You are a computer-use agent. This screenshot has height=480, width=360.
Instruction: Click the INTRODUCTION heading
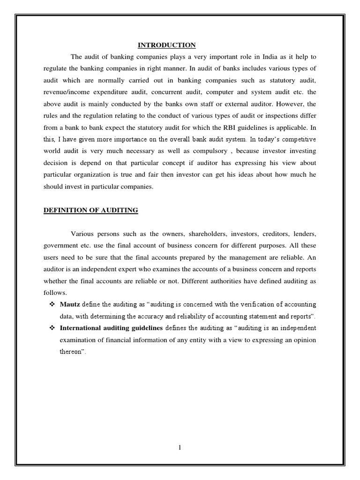click(166, 45)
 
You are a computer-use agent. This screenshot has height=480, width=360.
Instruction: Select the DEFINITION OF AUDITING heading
click(90, 210)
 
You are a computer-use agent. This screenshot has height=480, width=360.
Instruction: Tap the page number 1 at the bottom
click(180, 448)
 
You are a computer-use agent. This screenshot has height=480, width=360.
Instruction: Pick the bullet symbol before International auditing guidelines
click(52, 328)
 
